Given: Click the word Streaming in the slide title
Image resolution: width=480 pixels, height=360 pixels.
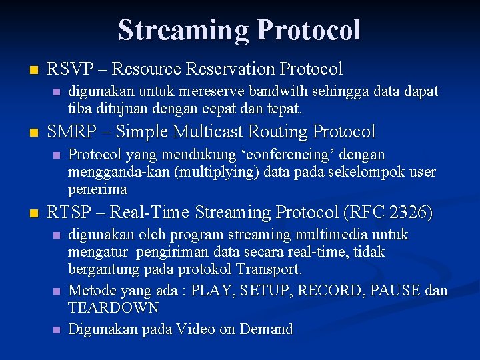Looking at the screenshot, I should coord(183,30).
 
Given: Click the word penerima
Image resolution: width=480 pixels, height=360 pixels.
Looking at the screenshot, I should coord(97,189).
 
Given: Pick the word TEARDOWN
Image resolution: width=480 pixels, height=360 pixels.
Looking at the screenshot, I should coord(113,308).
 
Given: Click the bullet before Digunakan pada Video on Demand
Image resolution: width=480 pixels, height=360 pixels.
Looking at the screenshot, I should coord(56,329).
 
